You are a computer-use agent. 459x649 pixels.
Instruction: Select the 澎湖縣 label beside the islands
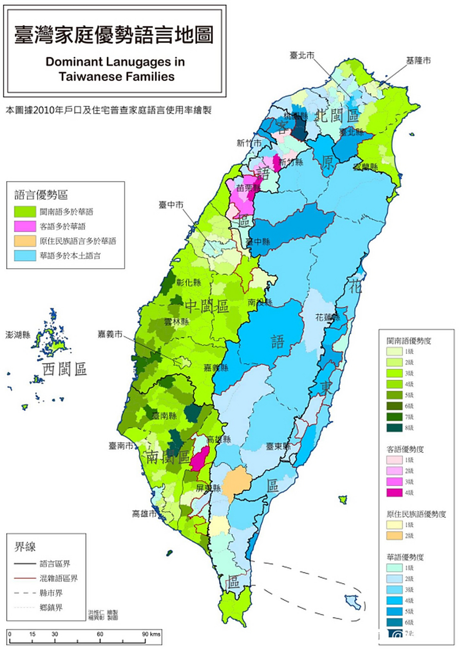(x=18, y=335)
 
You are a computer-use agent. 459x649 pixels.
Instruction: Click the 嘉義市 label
(x=111, y=334)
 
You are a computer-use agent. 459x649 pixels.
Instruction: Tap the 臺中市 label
(x=170, y=204)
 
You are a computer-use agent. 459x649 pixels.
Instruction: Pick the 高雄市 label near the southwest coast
(x=144, y=514)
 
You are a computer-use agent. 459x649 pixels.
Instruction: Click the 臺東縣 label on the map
(x=278, y=447)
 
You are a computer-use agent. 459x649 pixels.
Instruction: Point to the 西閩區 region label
(x=64, y=369)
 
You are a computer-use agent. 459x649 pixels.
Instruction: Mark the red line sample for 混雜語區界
(x=23, y=578)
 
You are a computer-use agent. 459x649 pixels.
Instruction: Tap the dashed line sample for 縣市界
(x=23, y=593)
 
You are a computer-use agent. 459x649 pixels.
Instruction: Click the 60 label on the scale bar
(x=100, y=634)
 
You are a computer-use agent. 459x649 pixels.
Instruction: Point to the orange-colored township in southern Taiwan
(x=235, y=482)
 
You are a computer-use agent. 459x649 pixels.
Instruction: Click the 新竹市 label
(x=249, y=143)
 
